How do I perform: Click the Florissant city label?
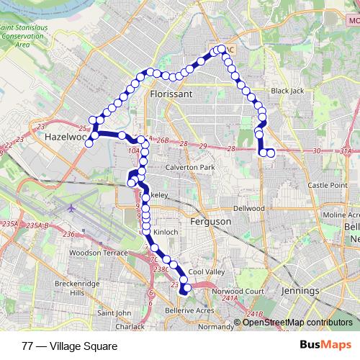[173, 94]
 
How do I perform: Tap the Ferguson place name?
[210, 222]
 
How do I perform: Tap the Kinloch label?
[166, 232]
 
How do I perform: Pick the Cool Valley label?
[205, 272]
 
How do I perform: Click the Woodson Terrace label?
[98, 253]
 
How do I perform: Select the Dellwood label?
[249, 207]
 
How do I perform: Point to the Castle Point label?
[328, 185]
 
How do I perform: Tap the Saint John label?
[114, 312]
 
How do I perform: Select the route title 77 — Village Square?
[69, 346]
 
